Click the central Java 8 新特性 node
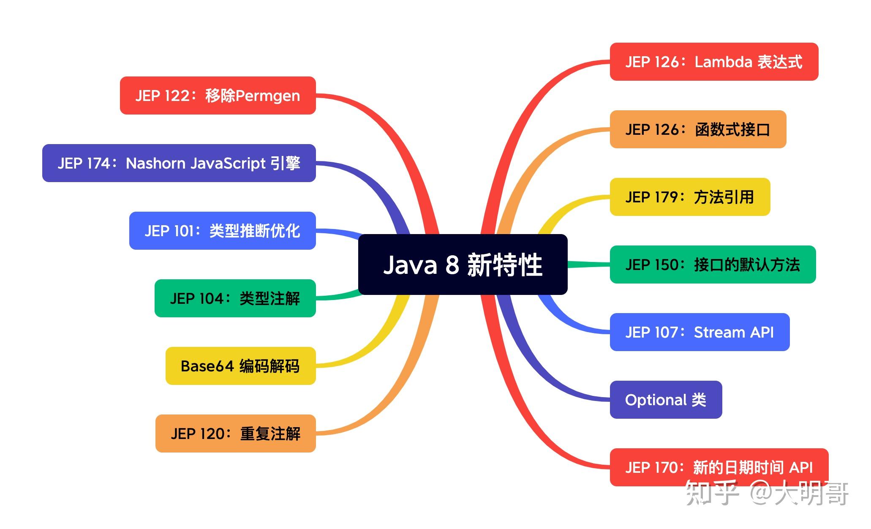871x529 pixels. click(463, 264)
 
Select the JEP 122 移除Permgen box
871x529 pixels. click(218, 95)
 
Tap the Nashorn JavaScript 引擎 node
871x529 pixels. click(179, 163)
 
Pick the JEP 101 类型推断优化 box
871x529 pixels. click(222, 231)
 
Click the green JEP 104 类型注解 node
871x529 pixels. click(235, 298)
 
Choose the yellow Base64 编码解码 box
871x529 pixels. click(240, 366)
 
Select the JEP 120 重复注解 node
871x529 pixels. click(235, 434)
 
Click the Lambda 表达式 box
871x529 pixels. click(714, 62)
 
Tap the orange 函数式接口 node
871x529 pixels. click(698, 129)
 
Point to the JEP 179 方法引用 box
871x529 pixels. click(690, 197)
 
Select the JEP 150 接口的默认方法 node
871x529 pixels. click(713, 264)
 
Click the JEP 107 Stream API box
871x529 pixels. click(700, 332)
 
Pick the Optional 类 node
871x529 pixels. click(666, 400)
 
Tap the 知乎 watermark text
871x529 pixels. click(711, 493)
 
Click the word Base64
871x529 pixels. click(207, 366)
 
